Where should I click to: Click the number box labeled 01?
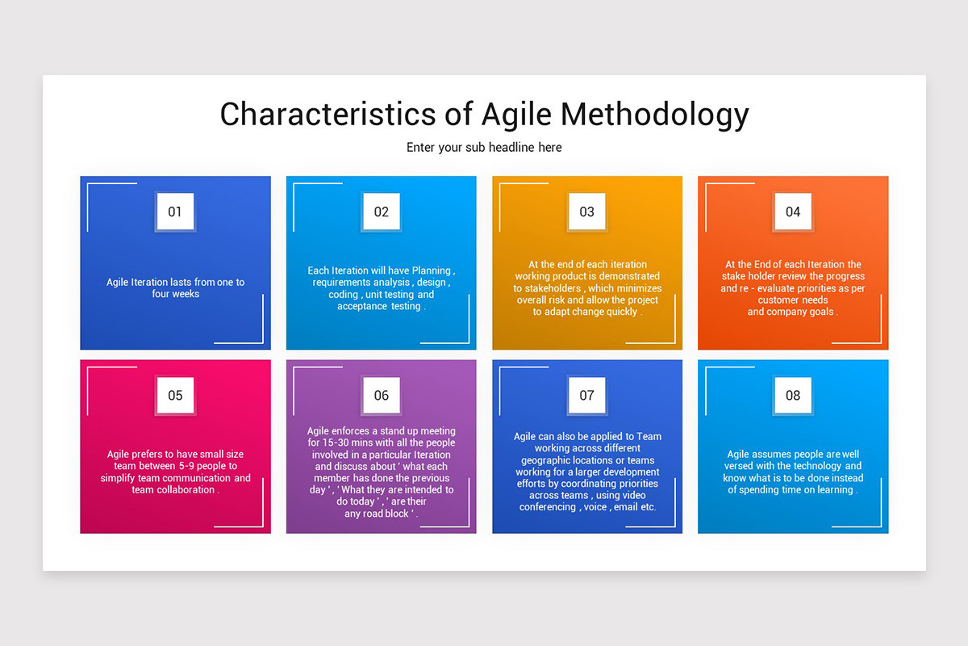click(175, 212)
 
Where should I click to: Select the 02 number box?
click(381, 212)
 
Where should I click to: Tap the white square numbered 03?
click(586, 212)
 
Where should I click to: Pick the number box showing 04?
click(793, 212)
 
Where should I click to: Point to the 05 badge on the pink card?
click(175, 395)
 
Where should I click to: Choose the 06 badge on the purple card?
click(381, 395)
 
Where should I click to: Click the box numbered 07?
click(586, 395)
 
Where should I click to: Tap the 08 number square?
click(793, 395)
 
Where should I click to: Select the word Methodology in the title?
click(655, 114)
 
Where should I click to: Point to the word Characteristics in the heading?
click(327, 114)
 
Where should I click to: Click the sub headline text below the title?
click(484, 148)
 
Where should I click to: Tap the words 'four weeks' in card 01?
click(175, 294)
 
